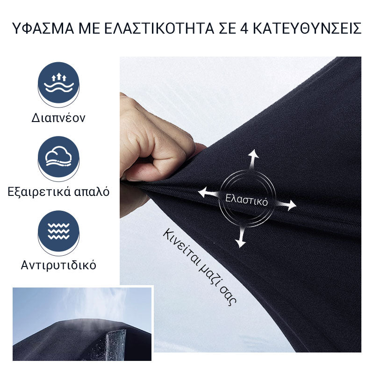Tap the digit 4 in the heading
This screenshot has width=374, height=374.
(244, 29)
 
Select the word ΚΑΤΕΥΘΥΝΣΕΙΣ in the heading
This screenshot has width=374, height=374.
(307, 29)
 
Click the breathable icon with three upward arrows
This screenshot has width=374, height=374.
(59, 83)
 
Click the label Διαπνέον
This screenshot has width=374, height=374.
(58, 118)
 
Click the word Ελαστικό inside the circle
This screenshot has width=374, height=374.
(247, 200)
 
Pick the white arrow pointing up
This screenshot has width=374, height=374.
(253, 159)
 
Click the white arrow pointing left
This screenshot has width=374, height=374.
(209, 192)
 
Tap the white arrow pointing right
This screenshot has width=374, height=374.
(286, 205)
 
